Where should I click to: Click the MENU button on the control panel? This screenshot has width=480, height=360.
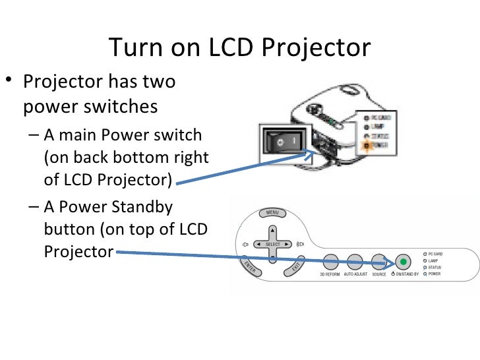pyautogui.click(x=272, y=213)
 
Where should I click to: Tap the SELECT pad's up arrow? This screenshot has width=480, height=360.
pyautogui.click(x=272, y=231)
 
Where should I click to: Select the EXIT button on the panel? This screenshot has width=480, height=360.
pyautogui.click(x=296, y=265)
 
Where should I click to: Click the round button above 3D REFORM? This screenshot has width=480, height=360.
pyautogui.click(x=330, y=261)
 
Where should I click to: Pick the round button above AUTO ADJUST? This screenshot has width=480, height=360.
pyautogui.click(x=355, y=261)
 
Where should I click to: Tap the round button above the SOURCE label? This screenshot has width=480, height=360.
pyautogui.click(x=378, y=261)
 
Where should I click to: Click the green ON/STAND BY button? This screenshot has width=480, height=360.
pyautogui.click(x=402, y=261)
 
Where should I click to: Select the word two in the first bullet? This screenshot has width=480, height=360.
pyautogui.click(x=158, y=82)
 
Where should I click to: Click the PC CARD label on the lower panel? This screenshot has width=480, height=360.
pyautogui.click(x=435, y=254)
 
